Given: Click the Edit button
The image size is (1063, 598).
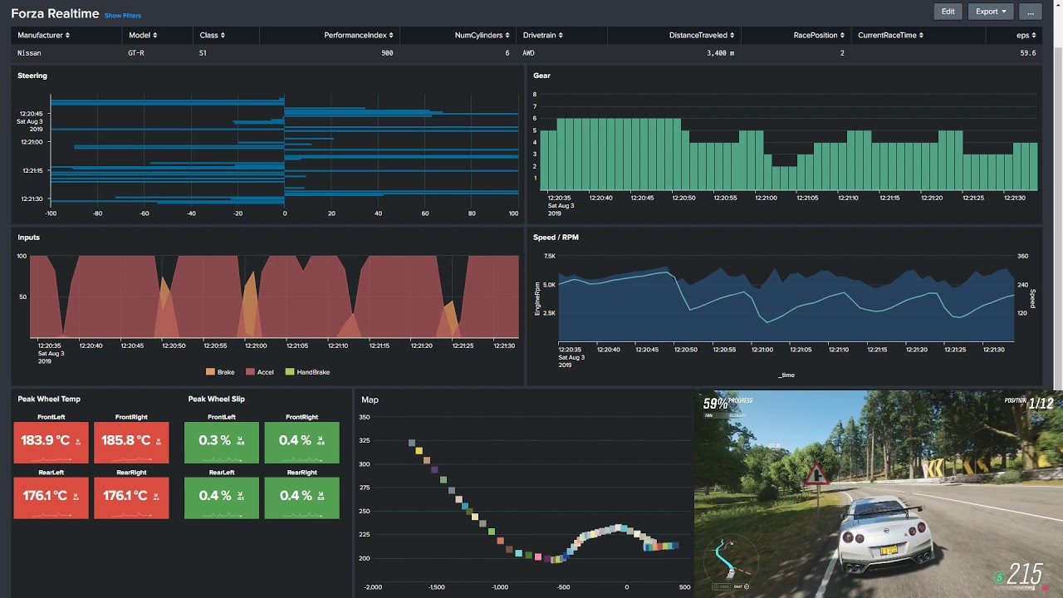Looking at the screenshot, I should tap(948, 12).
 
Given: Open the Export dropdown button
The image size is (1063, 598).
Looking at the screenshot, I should tap(991, 12).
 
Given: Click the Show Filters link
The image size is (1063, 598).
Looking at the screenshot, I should tap(123, 16).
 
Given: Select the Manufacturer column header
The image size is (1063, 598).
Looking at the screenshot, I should tap(43, 36).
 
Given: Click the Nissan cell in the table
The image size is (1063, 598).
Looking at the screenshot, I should tap(29, 53).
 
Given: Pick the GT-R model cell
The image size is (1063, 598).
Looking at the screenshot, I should tap(136, 53).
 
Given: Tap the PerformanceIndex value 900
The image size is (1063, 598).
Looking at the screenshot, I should tap(387, 53).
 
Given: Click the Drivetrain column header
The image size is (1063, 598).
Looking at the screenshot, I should tap(542, 36).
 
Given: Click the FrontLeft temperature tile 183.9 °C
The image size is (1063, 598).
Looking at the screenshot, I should tap(51, 441).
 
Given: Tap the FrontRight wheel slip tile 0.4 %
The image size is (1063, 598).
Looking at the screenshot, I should tap(301, 441).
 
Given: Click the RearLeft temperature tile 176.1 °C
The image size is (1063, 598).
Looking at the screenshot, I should tap(51, 497).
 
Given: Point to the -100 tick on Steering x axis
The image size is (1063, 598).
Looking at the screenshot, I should tap(51, 213).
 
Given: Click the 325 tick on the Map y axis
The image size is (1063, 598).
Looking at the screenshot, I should tap(365, 440).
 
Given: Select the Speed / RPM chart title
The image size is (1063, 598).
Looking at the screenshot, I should tap(556, 238).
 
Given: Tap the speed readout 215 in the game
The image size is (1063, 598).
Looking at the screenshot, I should tap(1025, 575).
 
